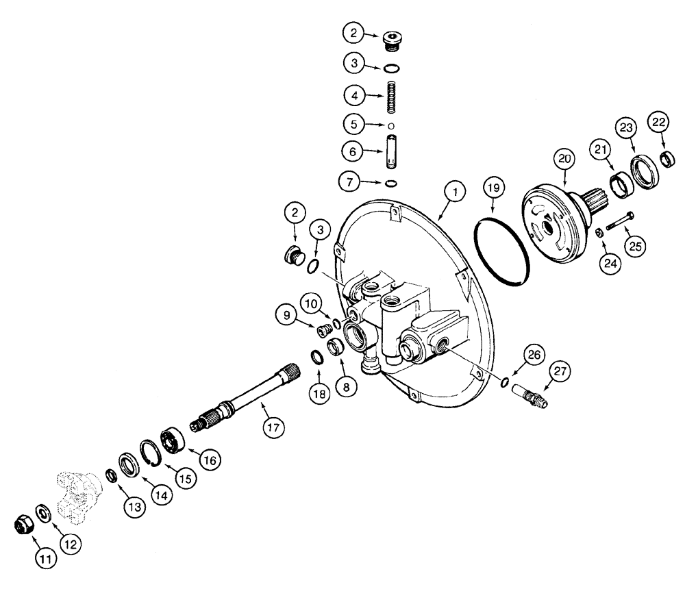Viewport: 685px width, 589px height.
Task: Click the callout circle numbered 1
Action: click(451, 194)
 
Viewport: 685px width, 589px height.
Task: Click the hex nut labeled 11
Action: click(25, 525)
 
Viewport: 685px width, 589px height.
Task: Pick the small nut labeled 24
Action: click(598, 235)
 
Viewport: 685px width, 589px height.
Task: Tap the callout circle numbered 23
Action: click(629, 127)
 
